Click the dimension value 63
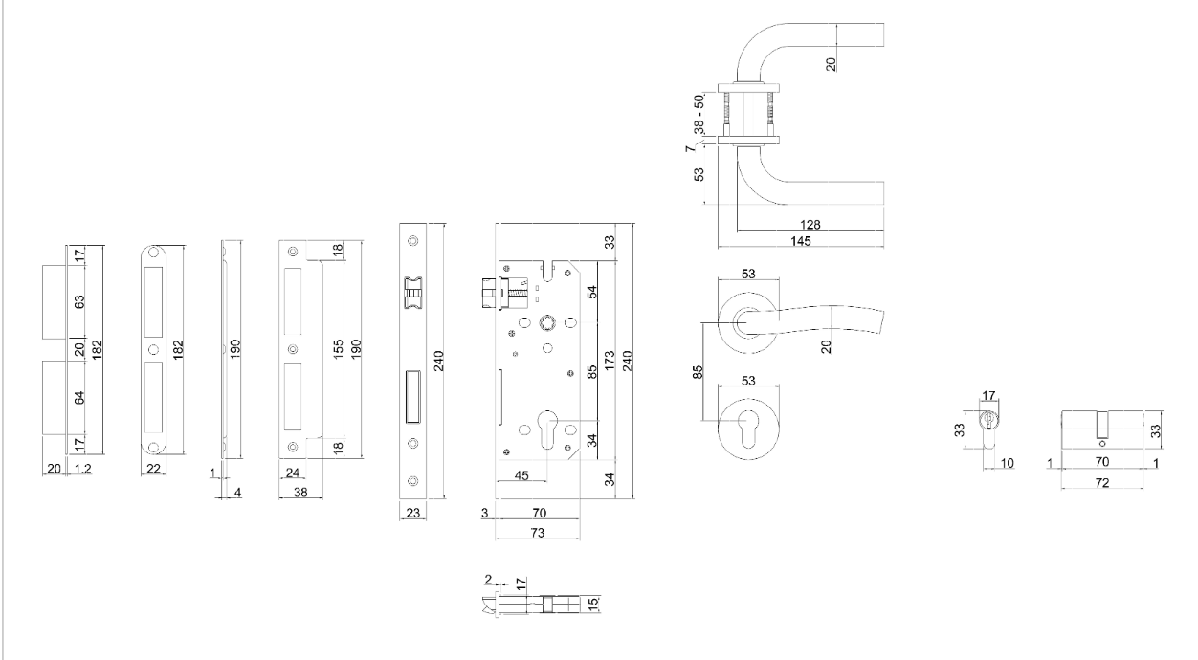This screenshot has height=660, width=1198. (x=80, y=301)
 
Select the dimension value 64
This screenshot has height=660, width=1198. (x=80, y=395)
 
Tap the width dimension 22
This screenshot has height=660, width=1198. (x=153, y=469)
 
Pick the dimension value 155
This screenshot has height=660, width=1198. (x=338, y=350)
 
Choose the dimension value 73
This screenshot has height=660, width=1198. (x=537, y=531)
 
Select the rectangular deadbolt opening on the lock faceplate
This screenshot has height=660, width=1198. (x=412, y=395)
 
